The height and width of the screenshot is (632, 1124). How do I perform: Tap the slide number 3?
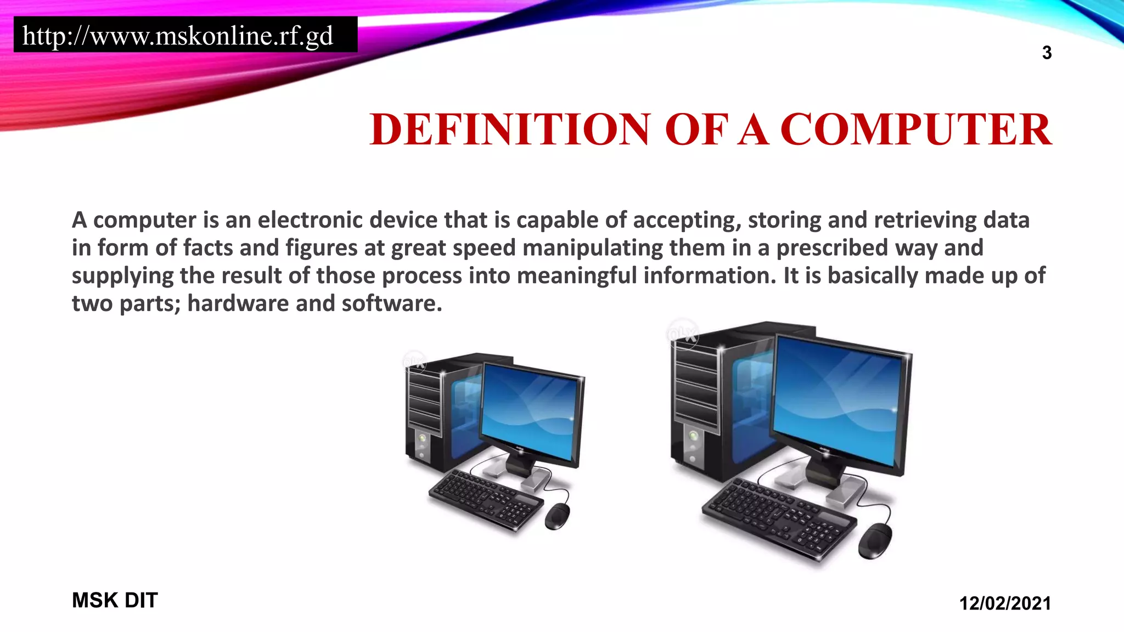tap(1047, 53)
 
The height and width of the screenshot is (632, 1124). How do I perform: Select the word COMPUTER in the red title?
tap(916, 129)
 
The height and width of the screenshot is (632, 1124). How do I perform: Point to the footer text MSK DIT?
tap(115, 600)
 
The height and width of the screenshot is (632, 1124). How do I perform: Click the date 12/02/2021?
tap(1005, 603)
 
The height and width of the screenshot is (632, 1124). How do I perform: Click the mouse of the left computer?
tap(557, 516)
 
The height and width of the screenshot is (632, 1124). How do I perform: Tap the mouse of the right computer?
tap(875, 540)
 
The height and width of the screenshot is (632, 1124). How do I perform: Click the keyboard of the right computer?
tap(779, 518)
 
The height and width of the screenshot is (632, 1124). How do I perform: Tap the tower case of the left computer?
tap(434, 411)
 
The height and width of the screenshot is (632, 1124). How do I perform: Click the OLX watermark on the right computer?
tap(682, 334)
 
